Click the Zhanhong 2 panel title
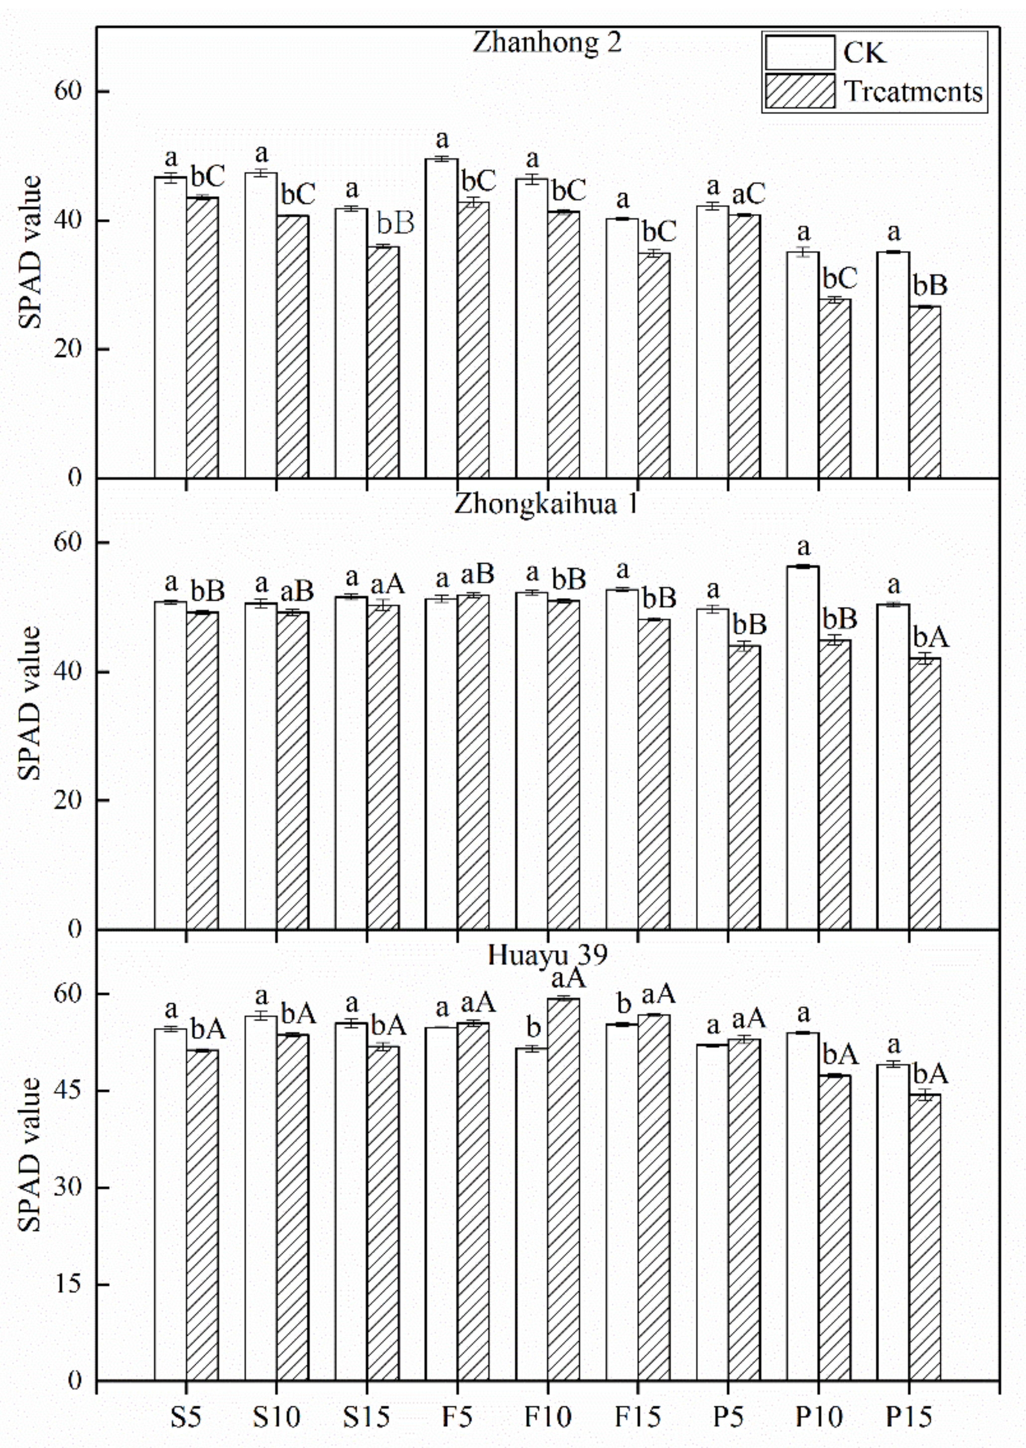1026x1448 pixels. coord(547,42)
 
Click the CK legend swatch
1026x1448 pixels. coord(800,52)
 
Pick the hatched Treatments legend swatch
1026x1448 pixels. coord(800,92)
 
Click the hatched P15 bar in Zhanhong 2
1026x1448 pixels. coord(924,391)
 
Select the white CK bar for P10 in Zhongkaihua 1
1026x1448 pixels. coord(803,748)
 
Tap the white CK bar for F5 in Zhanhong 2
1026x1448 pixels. coord(442,319)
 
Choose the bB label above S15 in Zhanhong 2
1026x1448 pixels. coord(395,224)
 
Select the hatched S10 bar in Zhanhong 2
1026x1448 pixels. coord(292,348)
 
